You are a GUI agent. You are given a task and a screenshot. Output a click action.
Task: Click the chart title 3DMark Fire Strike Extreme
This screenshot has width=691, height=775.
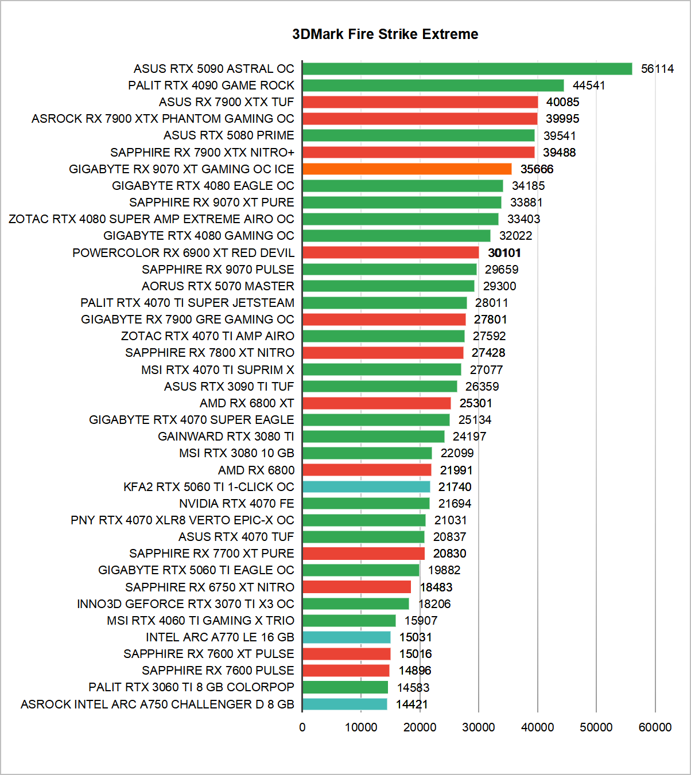coord(385,34)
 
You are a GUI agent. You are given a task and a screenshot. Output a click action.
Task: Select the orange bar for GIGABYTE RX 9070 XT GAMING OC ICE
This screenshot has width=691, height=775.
coord(407,169)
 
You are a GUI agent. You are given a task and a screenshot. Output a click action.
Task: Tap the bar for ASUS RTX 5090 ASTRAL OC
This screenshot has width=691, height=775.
coord(467,69)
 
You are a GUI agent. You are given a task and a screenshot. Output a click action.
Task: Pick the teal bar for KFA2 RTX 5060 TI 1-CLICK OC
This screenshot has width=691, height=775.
coord(366,487)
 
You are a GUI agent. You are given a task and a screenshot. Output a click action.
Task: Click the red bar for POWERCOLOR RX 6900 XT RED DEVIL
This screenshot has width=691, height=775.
coord(390,253)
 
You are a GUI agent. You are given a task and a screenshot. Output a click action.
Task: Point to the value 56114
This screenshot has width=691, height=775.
coord(657,69)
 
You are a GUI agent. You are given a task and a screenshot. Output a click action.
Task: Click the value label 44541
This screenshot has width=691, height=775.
coord(589,85)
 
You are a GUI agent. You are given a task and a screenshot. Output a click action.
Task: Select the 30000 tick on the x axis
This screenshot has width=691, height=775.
coord(479,727)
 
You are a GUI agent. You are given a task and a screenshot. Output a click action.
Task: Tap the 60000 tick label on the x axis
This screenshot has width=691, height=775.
coord(655,727)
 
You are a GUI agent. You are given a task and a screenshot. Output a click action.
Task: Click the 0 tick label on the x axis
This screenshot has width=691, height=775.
coord(302,727)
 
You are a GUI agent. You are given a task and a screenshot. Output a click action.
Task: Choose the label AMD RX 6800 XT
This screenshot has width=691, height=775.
coord(247,403)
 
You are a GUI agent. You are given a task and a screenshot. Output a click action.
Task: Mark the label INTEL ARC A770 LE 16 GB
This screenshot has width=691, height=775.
coord(220,637)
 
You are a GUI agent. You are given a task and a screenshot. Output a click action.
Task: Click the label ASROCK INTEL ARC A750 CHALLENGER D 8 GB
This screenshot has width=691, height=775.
coord(157,704)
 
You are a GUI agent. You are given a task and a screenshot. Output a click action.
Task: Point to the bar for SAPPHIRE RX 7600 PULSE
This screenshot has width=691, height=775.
coord(346,671)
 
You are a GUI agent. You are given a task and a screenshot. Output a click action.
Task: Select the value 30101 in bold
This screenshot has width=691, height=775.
coord(504,253)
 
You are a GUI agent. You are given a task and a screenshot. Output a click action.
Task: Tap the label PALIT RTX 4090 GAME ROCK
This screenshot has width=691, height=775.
coord(211,85)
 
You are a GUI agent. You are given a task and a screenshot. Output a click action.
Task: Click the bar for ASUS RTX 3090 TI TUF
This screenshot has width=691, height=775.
coord(380,387)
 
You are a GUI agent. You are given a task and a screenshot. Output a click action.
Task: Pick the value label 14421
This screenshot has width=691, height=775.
coord(412,704)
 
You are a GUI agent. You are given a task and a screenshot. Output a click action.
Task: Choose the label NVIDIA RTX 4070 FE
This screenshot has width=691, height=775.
coord(236,504)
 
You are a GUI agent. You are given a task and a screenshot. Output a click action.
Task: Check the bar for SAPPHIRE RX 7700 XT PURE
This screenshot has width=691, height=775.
coord(363,554)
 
